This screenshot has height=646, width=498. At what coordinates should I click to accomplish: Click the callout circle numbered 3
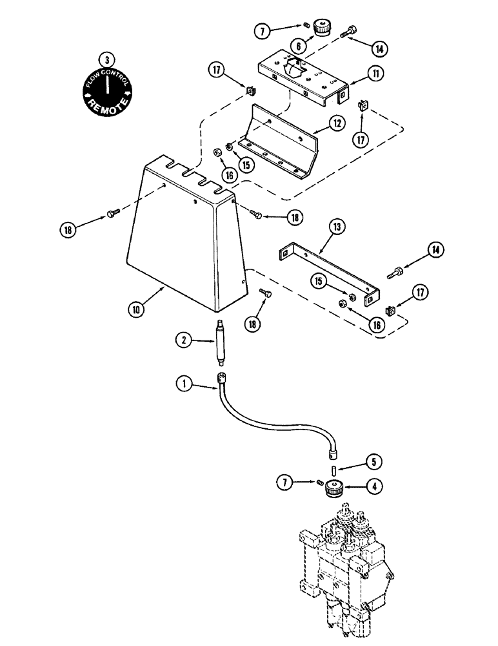pyautogui.click(x=107, y=59)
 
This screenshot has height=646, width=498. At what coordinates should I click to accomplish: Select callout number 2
pyautogui.click(x=184, y=339)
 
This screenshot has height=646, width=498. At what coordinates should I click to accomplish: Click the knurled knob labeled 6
pyautogui.click(x=321, y=28)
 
